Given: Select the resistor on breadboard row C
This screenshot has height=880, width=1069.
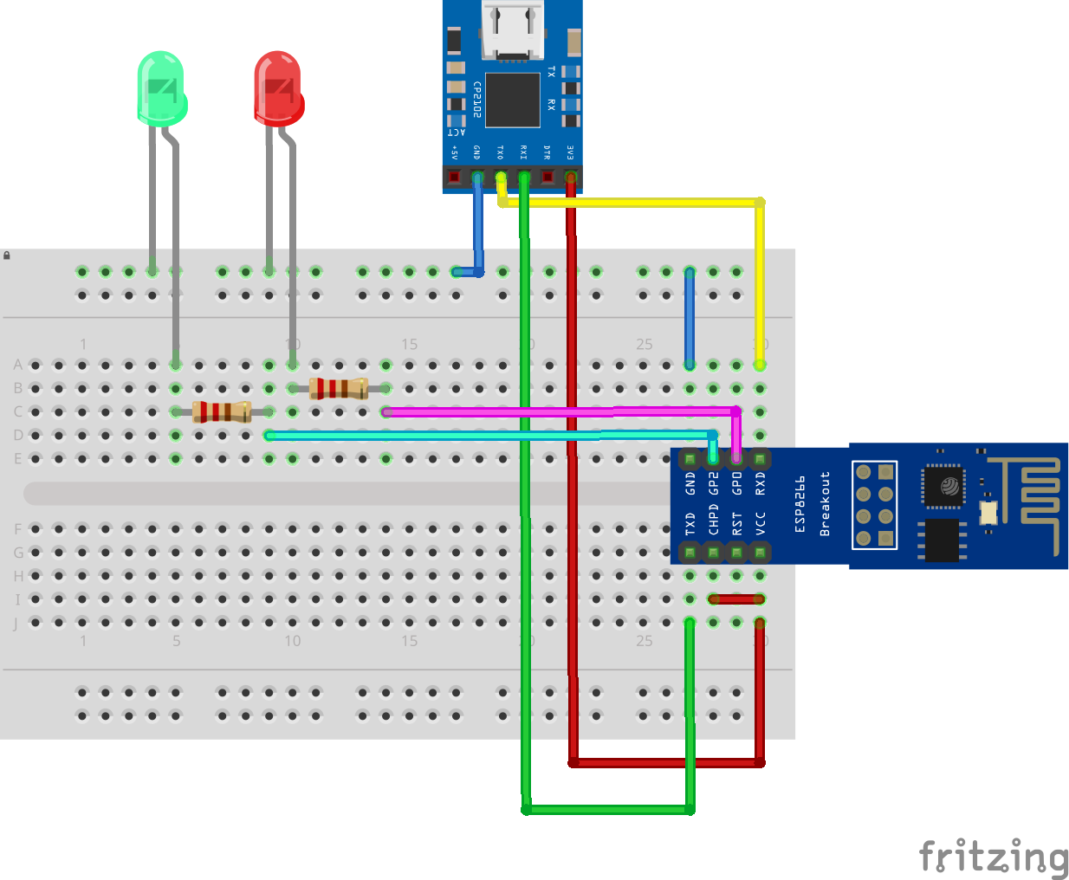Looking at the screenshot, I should (x=222, y=411).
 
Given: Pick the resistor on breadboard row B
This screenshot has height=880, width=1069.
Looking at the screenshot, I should (x=339, y=388).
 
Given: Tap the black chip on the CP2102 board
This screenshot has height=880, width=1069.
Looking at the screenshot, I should (x=512, y=100).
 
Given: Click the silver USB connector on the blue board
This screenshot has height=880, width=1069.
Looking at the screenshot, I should (x=513, y=30).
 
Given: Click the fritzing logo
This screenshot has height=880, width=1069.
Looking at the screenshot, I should (x=993, y=857).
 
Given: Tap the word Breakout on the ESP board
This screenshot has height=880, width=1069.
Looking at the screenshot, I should (x=825, y=504).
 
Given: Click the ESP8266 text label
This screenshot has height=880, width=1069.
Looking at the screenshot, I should (x=800, y=504).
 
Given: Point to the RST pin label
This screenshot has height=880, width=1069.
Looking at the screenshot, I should (x=737, y=524).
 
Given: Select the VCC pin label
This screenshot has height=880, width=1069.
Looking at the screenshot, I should (x=761, y=524).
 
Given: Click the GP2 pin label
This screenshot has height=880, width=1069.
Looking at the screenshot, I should (x=714, y=483).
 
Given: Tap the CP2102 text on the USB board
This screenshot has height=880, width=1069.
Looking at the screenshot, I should (x=476, y=100).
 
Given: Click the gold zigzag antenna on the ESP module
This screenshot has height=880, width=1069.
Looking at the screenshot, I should (x=1035, y=502).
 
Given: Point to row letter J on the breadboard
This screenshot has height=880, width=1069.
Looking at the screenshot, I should (x=16, y=623).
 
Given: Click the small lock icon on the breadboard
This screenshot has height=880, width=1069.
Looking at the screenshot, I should (x=7, y=256).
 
